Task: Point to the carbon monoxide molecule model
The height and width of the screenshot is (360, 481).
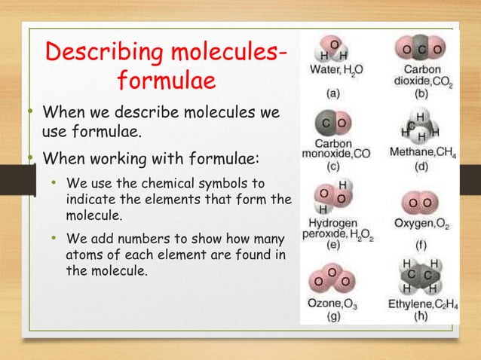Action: click(x=332, y=123)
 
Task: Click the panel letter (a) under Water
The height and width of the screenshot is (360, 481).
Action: click(x=332, y=95)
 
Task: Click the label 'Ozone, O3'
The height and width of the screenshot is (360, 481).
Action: click(x=332, y=304)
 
